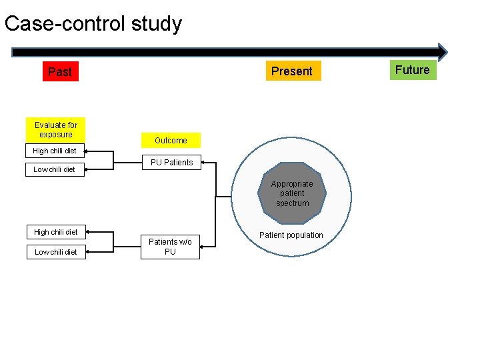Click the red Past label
pos(60,71)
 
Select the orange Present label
pos(292,71)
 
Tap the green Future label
pos(412,70)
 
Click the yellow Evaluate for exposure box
pos(56,129)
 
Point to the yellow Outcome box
pos(171,140)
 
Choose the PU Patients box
pos(171,162)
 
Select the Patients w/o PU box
pos(170,246)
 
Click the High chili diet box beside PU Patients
pos(55,151)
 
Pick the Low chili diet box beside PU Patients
pos(55,169)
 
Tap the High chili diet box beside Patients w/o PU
pos(56,232)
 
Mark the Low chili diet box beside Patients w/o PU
pos(56,252)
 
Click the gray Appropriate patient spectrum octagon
pos(292,193)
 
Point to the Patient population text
pos(291,235)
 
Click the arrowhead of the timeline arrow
pos(443,52)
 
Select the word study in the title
pos(156,24)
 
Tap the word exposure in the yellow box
pos(56,134)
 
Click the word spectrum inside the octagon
pos(293,203)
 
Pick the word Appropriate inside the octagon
pos(292,184)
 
